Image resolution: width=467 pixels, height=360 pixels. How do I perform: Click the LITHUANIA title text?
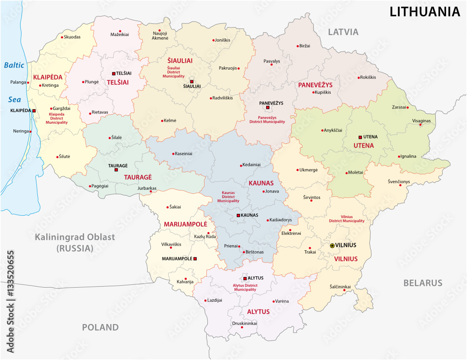(425, 12)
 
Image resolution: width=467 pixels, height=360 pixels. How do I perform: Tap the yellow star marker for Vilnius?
(332, 245)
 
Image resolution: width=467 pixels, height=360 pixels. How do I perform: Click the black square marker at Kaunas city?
(239, 215)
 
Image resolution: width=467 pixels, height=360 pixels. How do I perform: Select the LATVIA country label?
(343, 32)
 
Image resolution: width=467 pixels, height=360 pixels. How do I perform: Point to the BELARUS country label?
(423, 283)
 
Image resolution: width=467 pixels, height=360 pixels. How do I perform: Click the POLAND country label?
(100, 327)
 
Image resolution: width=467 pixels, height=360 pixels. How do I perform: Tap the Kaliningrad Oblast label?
(75, 237)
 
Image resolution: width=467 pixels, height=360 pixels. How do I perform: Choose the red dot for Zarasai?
(408, 107)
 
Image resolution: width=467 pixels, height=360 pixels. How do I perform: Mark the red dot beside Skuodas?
(62, 37)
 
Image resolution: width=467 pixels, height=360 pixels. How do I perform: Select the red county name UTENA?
(363, 146)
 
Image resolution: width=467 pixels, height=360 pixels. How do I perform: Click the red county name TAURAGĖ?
(138, 177)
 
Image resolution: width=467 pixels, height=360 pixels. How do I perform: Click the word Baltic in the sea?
(14, 65)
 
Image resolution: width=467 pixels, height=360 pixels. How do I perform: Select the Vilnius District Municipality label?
(347, 219)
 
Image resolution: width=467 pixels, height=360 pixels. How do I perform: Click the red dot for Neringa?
(31, 131)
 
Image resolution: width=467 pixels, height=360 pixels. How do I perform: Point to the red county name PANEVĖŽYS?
(315, 85)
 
